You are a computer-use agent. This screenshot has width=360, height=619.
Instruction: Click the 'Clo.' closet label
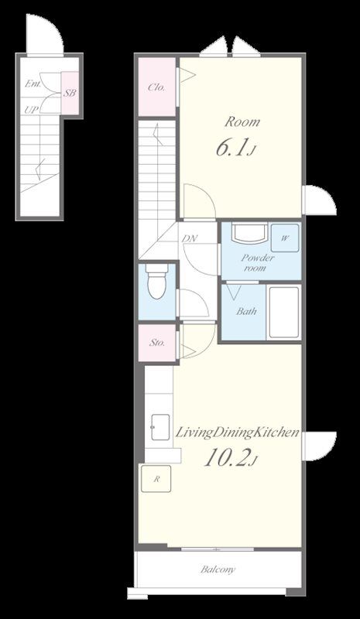tap(156, 87)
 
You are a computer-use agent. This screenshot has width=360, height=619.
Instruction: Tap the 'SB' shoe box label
tap(70, 93)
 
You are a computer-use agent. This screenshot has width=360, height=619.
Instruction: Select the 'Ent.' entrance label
tap(33, 84)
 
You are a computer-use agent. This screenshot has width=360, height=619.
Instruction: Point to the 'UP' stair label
tap(31, 110)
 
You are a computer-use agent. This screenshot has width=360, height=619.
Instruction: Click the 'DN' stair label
tap(190, 238)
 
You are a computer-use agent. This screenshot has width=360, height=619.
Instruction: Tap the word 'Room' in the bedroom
tap(242, 122)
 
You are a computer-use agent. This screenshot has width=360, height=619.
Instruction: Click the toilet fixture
tap(157, 281)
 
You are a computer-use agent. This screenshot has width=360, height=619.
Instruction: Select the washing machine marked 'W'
tap(285, 238)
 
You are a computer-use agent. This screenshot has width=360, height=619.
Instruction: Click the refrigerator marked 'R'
tap(156, 478)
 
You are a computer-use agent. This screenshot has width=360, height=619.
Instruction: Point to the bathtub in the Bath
tap(283, 312)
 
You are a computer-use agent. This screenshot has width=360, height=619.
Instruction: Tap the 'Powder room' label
tap(258, 263)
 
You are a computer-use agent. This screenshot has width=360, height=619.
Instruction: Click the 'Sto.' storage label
tap(157, 343)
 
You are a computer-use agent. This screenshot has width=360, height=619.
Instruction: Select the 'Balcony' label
tap(218, 569)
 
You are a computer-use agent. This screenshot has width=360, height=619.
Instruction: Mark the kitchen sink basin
tap(160, 427)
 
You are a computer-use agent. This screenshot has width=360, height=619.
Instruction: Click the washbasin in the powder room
tap(249, 234)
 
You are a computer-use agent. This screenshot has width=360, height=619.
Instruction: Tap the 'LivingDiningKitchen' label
tap(236, 433)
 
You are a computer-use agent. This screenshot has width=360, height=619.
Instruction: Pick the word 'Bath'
tap(247, 311)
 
